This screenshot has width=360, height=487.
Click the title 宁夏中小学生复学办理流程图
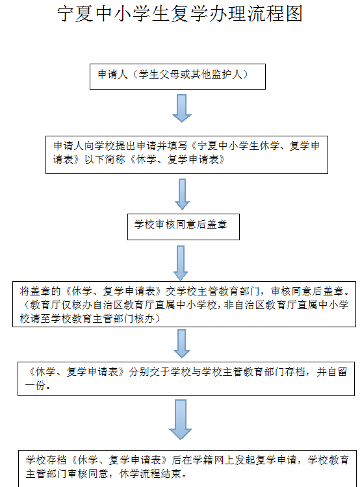tap(180, 14)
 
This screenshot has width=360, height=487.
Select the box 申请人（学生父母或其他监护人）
tap(177, 77)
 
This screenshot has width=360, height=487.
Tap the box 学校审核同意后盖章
tap(183, 227)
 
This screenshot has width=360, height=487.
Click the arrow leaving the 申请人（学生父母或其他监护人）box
tap(182, 108)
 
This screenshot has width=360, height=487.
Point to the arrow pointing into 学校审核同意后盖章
tap(182, 194)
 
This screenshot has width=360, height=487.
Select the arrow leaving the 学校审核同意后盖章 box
tap(181, 263)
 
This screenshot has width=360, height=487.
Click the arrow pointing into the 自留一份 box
tap(181, 343)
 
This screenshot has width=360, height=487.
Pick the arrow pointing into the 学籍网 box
tap(180, 419)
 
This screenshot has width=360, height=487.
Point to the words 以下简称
tap(105, 160)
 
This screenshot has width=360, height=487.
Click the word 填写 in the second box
tap(177, 145)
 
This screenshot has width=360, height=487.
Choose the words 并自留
tap(331, 372)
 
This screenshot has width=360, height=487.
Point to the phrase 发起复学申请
tap(265, 460)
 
